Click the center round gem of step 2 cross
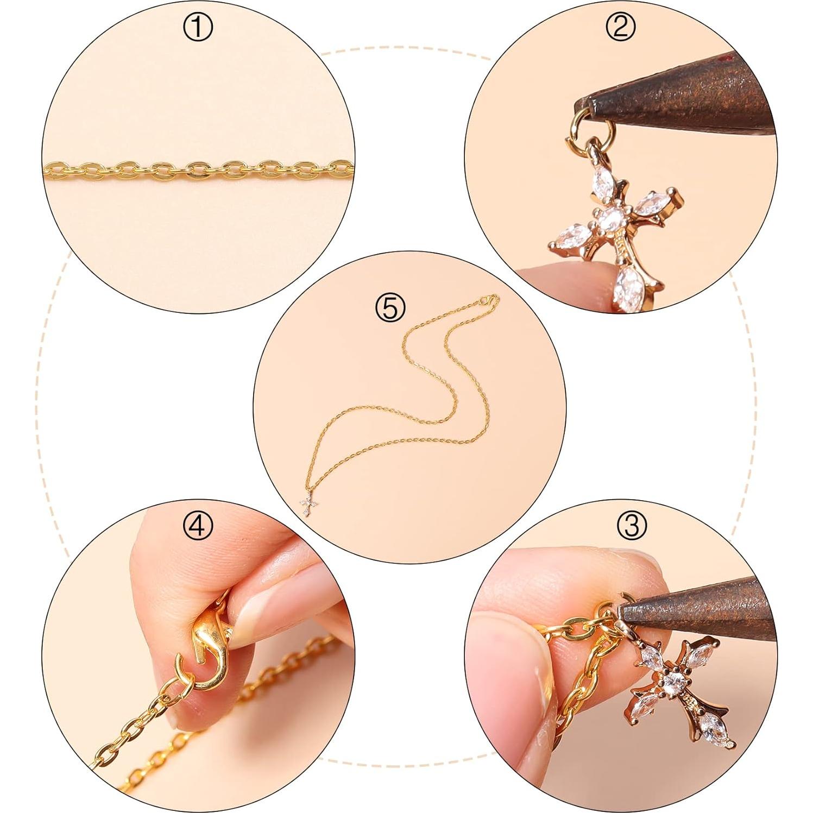tap(612, 219)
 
